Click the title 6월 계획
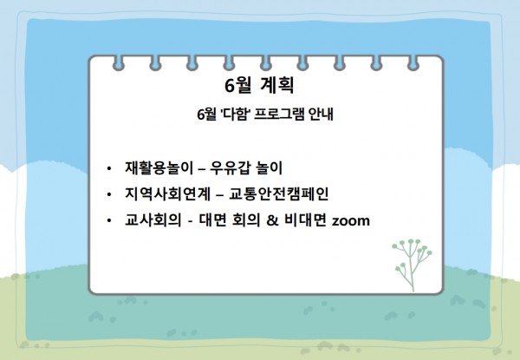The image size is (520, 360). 259,86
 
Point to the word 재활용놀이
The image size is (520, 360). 159,167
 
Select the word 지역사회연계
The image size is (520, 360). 167,193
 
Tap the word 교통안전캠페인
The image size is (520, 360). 279,193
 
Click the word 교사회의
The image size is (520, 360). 153,220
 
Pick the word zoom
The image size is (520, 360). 351,221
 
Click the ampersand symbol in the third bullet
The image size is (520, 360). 272,220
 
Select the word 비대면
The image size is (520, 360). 305,220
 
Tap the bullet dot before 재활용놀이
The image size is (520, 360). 109,168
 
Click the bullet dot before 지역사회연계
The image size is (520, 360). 109,194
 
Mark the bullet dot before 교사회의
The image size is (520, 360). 109,220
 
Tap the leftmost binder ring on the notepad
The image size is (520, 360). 119,63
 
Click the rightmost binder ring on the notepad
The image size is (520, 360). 413,63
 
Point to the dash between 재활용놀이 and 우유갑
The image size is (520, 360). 202,169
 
